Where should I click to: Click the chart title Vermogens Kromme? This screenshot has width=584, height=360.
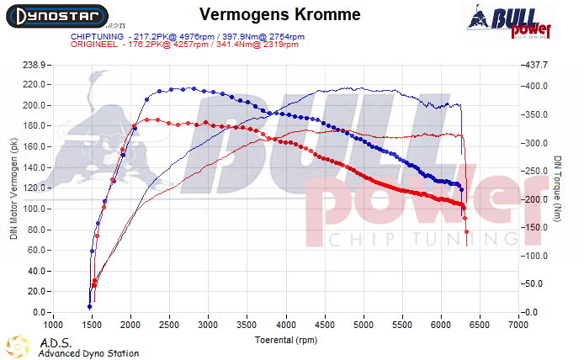coord(269,15)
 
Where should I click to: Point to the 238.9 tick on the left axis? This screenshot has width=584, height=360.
coord(33,64)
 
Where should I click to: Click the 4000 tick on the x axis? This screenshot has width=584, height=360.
coord(286,324)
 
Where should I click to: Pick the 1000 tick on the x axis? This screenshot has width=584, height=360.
coord(53,324)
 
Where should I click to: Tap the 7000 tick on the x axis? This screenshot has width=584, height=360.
coord(519,324)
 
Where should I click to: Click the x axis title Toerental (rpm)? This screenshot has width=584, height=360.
coord(286,339)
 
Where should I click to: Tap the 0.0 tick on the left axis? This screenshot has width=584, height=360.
coord(39,312)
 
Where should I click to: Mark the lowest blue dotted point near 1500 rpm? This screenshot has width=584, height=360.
coord(89,306)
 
